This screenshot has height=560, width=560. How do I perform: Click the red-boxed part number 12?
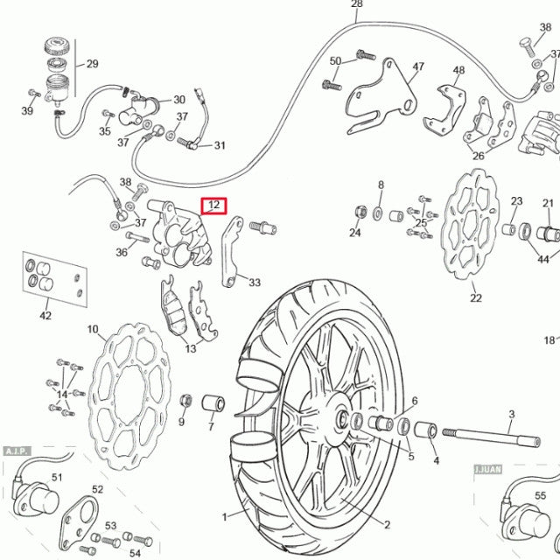213,206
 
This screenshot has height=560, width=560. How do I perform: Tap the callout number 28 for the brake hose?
356,4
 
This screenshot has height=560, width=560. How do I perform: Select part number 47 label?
418,67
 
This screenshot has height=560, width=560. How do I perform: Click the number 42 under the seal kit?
45,316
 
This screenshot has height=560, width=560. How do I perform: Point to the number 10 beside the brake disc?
92,330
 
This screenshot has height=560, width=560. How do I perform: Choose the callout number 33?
255,283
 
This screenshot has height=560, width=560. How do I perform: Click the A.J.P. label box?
17,451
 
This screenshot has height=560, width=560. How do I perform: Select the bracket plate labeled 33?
230,254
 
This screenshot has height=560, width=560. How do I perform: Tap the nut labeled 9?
185,402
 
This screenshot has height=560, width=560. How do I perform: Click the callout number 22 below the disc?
475,298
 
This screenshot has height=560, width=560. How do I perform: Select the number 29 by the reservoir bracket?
92,64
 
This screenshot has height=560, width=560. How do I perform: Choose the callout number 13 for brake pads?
190,348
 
